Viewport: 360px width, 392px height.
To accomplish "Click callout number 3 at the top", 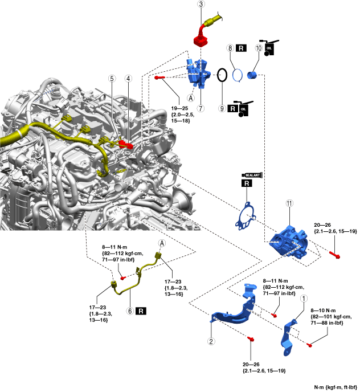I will [x=201, y=4].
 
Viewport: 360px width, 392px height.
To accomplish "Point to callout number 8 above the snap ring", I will [x=230, y=49].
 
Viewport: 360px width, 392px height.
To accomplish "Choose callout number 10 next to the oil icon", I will [x=258, y=49].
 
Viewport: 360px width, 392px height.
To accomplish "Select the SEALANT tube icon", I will [x=252, y=174].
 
